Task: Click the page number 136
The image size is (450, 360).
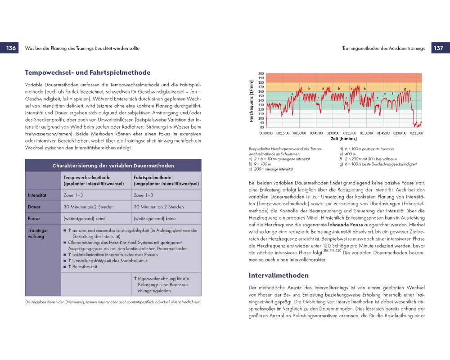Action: click(11, 48)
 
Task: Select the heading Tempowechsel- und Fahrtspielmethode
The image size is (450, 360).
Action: click(88, 72)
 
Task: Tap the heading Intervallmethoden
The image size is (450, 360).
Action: click(279, 275)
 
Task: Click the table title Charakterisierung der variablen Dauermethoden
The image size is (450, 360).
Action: click(113, 166)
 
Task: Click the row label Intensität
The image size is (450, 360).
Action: click(37, 195)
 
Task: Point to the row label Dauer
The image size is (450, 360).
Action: click(34, 207)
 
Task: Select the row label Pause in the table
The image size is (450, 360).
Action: click(34, 219)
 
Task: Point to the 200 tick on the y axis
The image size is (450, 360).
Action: click(261, 74)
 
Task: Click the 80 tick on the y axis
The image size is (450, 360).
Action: click(262, 127)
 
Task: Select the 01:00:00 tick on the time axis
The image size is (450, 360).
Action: click(333, 133)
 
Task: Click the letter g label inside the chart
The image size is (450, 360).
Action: click(405, 89)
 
